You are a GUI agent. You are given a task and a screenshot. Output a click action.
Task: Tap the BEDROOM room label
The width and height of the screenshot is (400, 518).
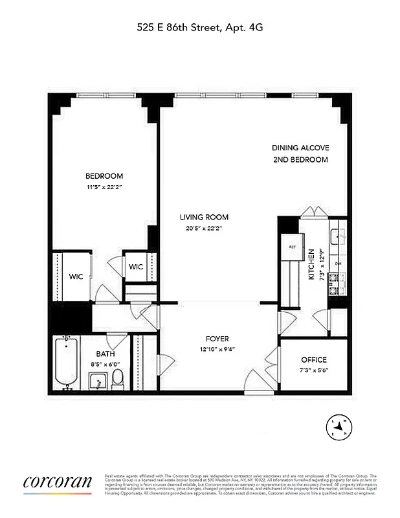click(x=104, y=176)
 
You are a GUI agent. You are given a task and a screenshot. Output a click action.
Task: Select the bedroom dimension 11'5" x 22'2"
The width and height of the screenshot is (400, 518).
click(x=104, y=187)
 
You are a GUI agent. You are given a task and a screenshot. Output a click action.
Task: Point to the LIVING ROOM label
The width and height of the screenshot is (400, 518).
click(x=204, y=218)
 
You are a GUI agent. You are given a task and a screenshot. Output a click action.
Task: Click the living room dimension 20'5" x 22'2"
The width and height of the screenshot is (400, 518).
click(x=204, y=228)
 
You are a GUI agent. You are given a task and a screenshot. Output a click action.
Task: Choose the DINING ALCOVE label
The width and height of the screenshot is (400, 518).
click(x=300, y=148)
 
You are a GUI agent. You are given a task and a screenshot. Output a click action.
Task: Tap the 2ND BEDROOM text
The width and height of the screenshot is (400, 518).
click(x=300, y=159)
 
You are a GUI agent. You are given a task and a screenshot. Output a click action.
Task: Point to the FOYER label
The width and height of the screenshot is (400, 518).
click(x=217, y=339)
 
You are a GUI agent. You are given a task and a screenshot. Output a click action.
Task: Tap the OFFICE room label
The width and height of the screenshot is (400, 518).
click(x=314, y=359)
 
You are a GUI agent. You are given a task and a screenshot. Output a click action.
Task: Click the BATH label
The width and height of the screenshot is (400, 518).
click(x=106, y=354)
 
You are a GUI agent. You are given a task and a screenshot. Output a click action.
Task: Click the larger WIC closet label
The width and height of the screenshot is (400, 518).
click(x=77, y=276)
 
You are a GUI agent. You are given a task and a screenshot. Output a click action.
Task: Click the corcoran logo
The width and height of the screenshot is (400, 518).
click(x=57, y=482)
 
